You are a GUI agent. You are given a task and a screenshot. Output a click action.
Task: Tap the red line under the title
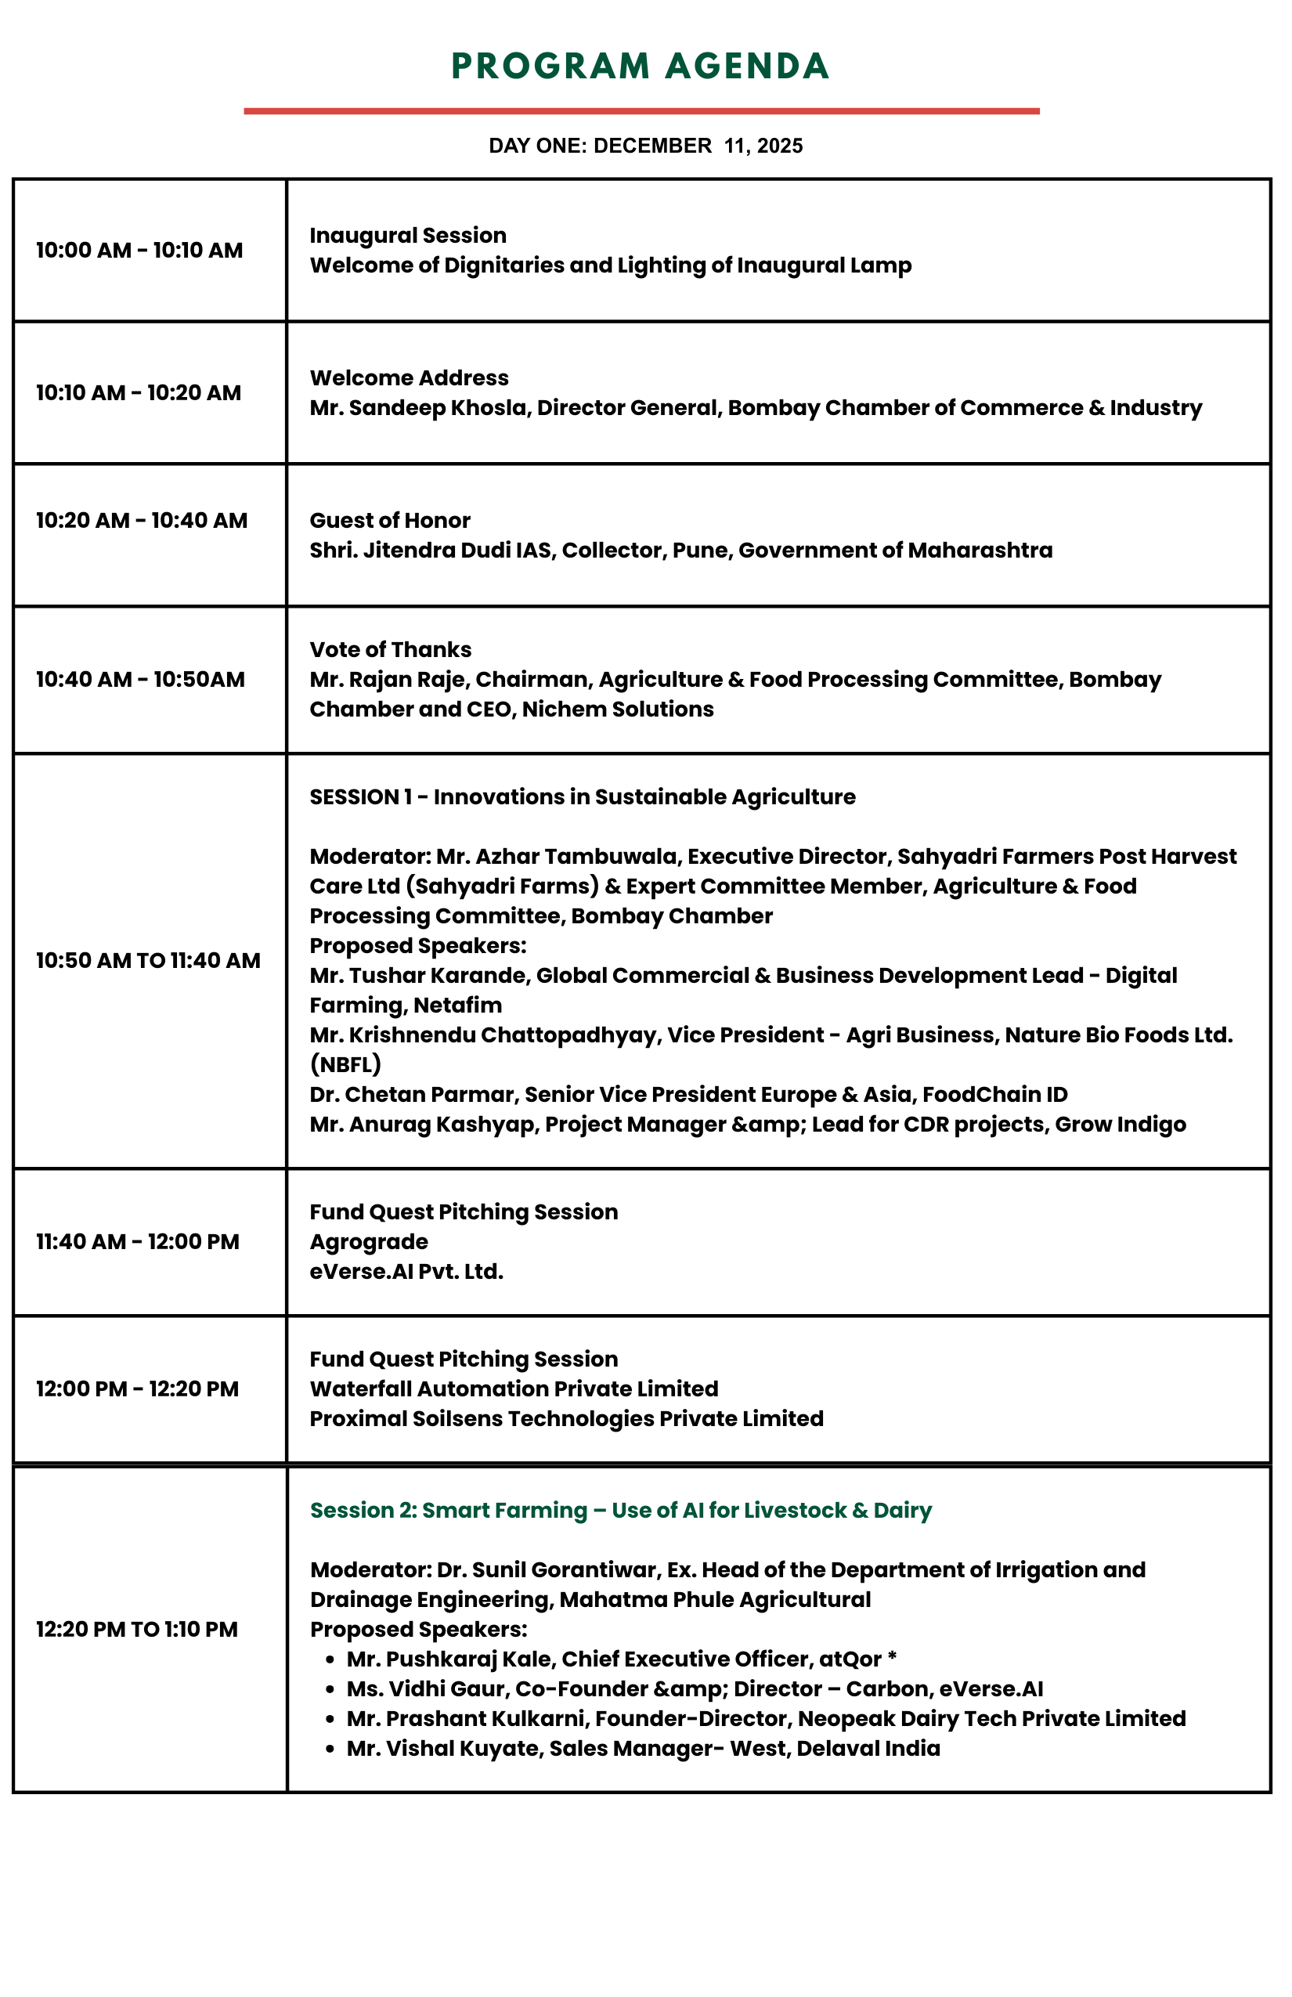pos(641,110)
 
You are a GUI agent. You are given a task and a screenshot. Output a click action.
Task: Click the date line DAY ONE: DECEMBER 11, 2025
pos(645,146)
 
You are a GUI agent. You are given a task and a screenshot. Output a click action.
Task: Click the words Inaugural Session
pos(408,235)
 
